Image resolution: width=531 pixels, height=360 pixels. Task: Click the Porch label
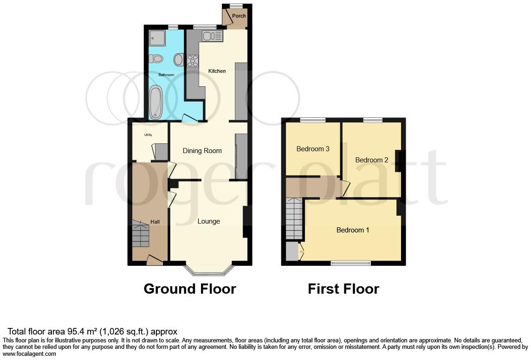[x=239, y=16]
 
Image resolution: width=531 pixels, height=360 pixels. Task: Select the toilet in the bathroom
[x=156, y=58]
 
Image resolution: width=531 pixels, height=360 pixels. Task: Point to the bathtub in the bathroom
[x=155, y=101]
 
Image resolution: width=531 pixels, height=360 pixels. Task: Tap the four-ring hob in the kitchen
[x=193, y=60]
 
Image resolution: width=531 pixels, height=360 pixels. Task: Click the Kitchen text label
[x=217, y=71]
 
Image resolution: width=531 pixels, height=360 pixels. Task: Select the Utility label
[x=148, y=135]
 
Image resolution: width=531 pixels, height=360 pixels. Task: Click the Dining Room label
[x=202, y=151]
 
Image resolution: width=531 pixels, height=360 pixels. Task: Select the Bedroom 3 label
[x=313, y=149]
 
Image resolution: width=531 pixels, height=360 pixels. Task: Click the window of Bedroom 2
[x=373, y=120]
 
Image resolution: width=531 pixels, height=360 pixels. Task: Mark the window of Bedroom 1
[x=350, y=264]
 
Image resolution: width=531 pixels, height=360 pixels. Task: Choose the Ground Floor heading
[x=190, y=289]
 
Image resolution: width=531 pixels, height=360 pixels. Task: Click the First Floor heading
[x=343, y=289]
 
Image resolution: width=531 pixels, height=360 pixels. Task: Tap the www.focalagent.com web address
[x=30, y=354]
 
